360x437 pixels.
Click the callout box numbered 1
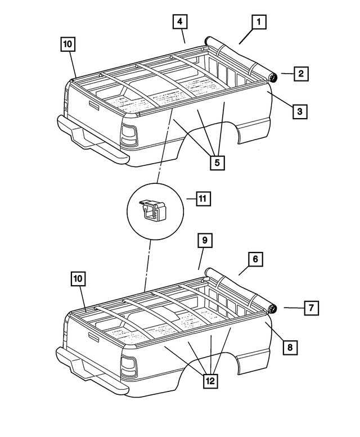[258, 22]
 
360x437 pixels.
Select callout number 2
[301, 73]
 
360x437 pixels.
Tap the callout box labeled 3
[300, 111]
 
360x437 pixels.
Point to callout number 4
[179, 22]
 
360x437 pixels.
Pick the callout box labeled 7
[311, 308]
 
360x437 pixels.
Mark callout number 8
[290, 347]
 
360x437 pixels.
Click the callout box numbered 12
[210, 381]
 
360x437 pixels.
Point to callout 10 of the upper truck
[67, 44]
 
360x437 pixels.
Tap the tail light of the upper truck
[129, 135]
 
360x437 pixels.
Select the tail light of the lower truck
[129, 367]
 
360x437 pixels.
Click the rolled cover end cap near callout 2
[273, 78]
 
